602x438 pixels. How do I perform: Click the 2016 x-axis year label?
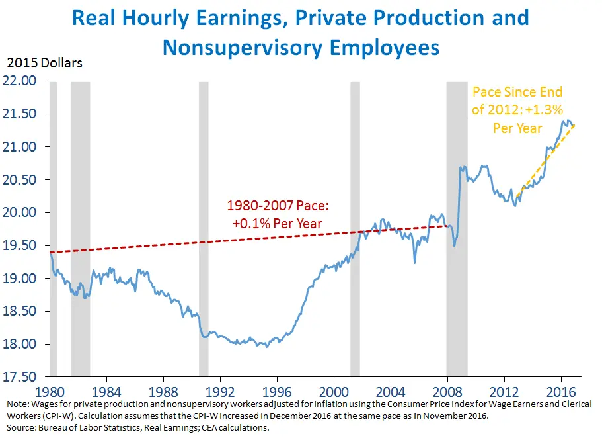click(562, 390)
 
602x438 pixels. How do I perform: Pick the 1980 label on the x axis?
click(50, 390)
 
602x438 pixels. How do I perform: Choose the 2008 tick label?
click(448, 390)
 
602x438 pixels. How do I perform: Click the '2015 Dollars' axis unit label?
click(45, 64)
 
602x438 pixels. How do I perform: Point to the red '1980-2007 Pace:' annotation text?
click(278, 206)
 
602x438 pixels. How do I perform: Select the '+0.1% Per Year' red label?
click(278, 224)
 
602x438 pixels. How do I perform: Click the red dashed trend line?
click(198, 241)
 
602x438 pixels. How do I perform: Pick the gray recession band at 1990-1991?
click(204, 198)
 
